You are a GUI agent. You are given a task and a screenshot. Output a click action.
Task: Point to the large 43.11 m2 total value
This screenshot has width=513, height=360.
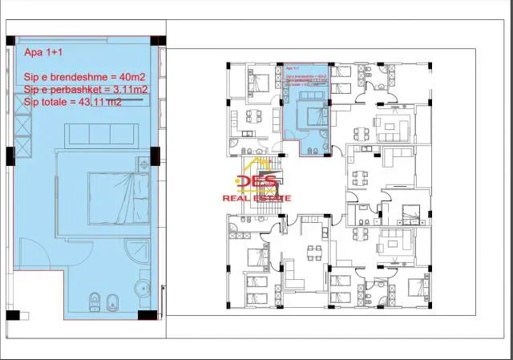point(102,103)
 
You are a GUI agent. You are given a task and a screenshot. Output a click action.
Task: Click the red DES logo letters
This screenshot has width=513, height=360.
point(261,184)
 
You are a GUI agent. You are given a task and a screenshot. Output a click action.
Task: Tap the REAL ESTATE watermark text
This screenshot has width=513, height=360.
point(256,198)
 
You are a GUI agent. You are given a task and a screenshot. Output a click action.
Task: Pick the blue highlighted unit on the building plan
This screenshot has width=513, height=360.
point(308,108)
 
